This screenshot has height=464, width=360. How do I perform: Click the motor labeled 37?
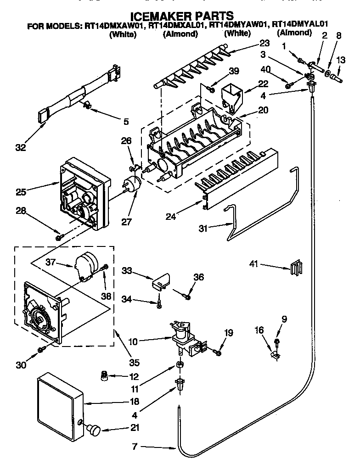84,267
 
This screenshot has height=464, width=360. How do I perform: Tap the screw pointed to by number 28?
60,237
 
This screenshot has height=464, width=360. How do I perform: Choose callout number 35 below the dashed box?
134,363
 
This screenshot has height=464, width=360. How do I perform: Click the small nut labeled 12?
105,376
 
